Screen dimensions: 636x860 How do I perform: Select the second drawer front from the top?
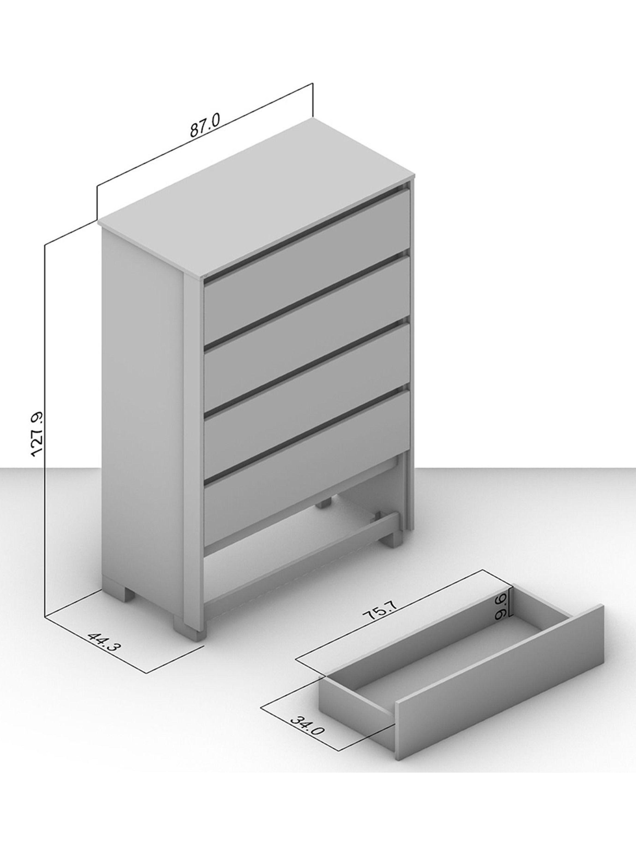(x=306, y=304)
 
